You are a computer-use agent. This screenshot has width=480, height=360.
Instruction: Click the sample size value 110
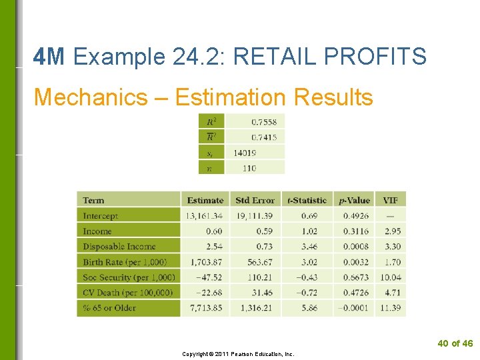[x=249, y=168]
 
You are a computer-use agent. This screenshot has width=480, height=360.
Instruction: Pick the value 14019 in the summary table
[x=245, y=153]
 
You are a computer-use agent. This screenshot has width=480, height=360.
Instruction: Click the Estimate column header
[x=205, y=200]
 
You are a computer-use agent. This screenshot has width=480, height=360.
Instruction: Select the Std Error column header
[x=255, y=200]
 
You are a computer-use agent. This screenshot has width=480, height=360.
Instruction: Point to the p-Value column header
[x=354, y=200]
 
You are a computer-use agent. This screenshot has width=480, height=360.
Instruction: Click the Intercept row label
[x=100, y=216]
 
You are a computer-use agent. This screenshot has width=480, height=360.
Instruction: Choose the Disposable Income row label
[x=119, y=247]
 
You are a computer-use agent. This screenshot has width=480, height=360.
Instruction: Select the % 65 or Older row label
[x=109, y=308]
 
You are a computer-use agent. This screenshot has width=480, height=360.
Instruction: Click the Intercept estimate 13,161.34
[x=205, y=216]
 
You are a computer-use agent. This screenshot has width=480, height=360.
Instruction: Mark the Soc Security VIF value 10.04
[x=391, y=277]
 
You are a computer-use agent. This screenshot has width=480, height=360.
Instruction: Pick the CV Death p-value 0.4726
[x=356, y=293]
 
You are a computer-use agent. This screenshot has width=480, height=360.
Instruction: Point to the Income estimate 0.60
[x=214, y=231]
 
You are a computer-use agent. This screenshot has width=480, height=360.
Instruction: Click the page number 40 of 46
[x=455, y=343]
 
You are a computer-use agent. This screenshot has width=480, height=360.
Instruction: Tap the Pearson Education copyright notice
[x=238, y=354]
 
